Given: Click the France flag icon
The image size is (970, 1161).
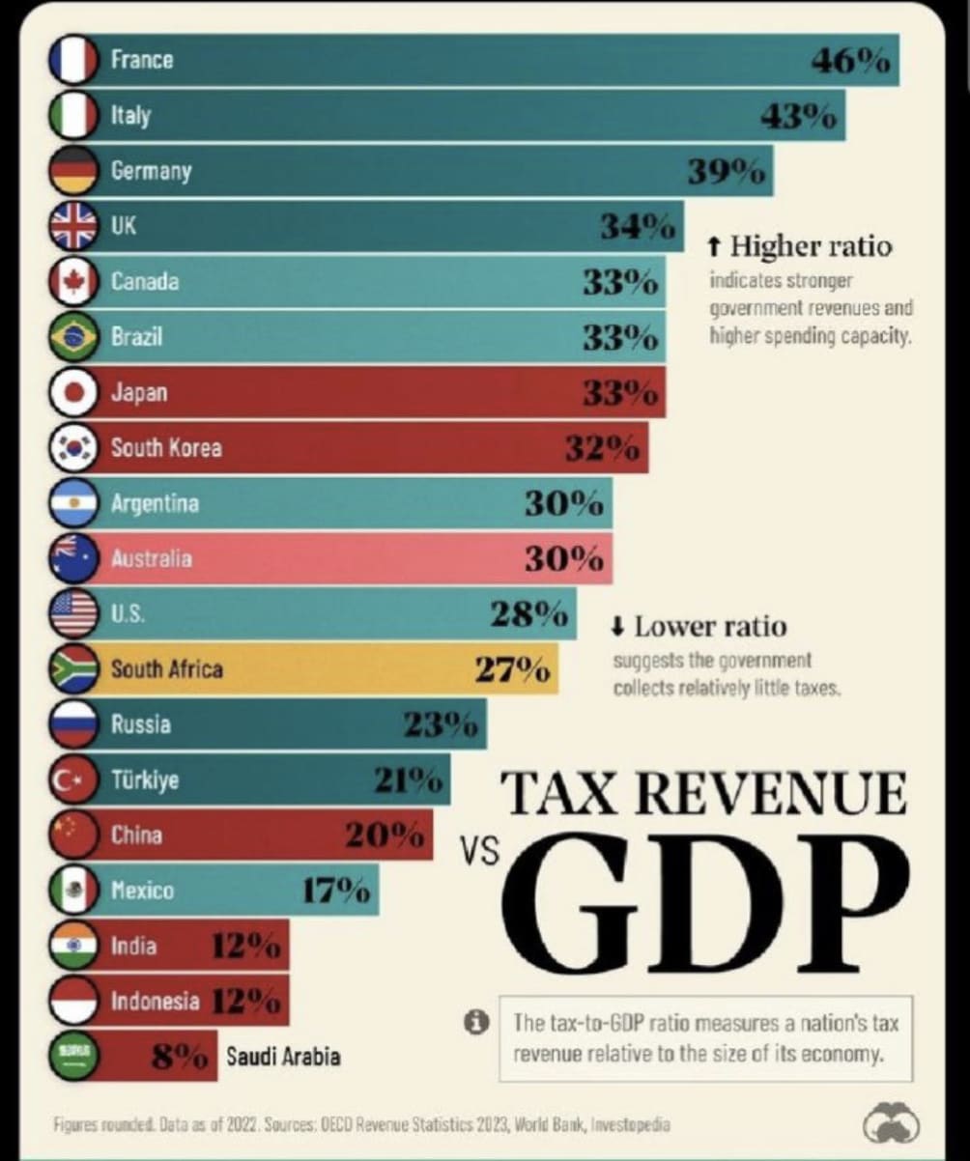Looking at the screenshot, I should pos(73,60).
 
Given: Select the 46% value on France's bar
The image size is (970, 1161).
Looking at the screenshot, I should pos(849,61).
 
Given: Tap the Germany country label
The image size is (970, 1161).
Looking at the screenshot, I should pos(151,171).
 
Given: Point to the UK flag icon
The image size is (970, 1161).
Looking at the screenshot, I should pos(73,227).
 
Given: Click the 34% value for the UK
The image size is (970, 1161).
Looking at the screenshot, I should pos(637,228).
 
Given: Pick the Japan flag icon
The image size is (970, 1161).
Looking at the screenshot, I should pos(73,393).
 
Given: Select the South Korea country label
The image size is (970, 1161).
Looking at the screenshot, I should pos(165,448).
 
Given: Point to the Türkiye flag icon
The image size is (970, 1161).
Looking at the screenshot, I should pos(73,780).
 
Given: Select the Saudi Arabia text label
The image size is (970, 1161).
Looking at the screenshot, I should pos(283,1056).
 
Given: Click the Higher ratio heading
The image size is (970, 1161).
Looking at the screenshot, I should pos(799,245).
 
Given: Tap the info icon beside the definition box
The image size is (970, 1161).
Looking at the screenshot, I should pos(474,1021).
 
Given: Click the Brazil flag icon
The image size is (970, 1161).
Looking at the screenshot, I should pos(73,338).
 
